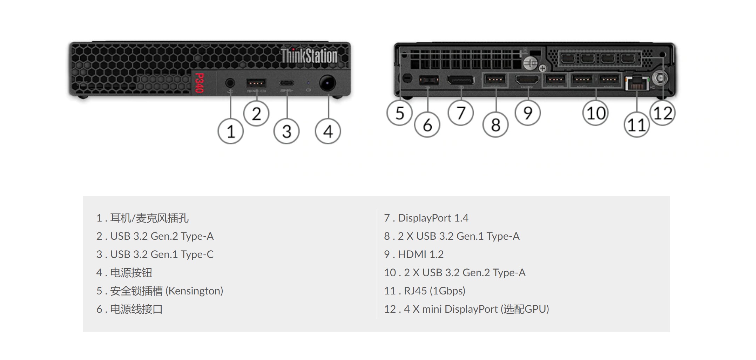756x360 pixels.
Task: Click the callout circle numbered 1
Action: (230, 131)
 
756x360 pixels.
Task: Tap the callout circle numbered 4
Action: (328, 131)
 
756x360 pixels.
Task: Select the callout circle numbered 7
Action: (461, 113)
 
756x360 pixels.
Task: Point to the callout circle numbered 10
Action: (595, 113)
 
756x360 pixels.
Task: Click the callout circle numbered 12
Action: (662, 113)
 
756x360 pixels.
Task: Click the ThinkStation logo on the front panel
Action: (309, 56)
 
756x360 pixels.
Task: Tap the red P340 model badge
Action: (199, 83)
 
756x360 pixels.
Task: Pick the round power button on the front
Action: (328, 83)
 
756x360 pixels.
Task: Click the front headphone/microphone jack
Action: (230, 83)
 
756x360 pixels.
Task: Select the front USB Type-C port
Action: (287, 83)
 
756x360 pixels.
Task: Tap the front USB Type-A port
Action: (256, 83)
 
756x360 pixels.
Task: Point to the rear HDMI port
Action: (527, 80)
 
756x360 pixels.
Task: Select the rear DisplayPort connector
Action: (460, 80)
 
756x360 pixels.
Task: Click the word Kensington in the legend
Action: (194, 291)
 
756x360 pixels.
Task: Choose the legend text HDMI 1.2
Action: (420, 254)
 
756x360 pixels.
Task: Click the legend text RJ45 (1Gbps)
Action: (434, 291)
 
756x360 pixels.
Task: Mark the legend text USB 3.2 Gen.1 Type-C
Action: (162, 254)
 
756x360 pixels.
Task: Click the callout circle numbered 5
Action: (399, 113)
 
